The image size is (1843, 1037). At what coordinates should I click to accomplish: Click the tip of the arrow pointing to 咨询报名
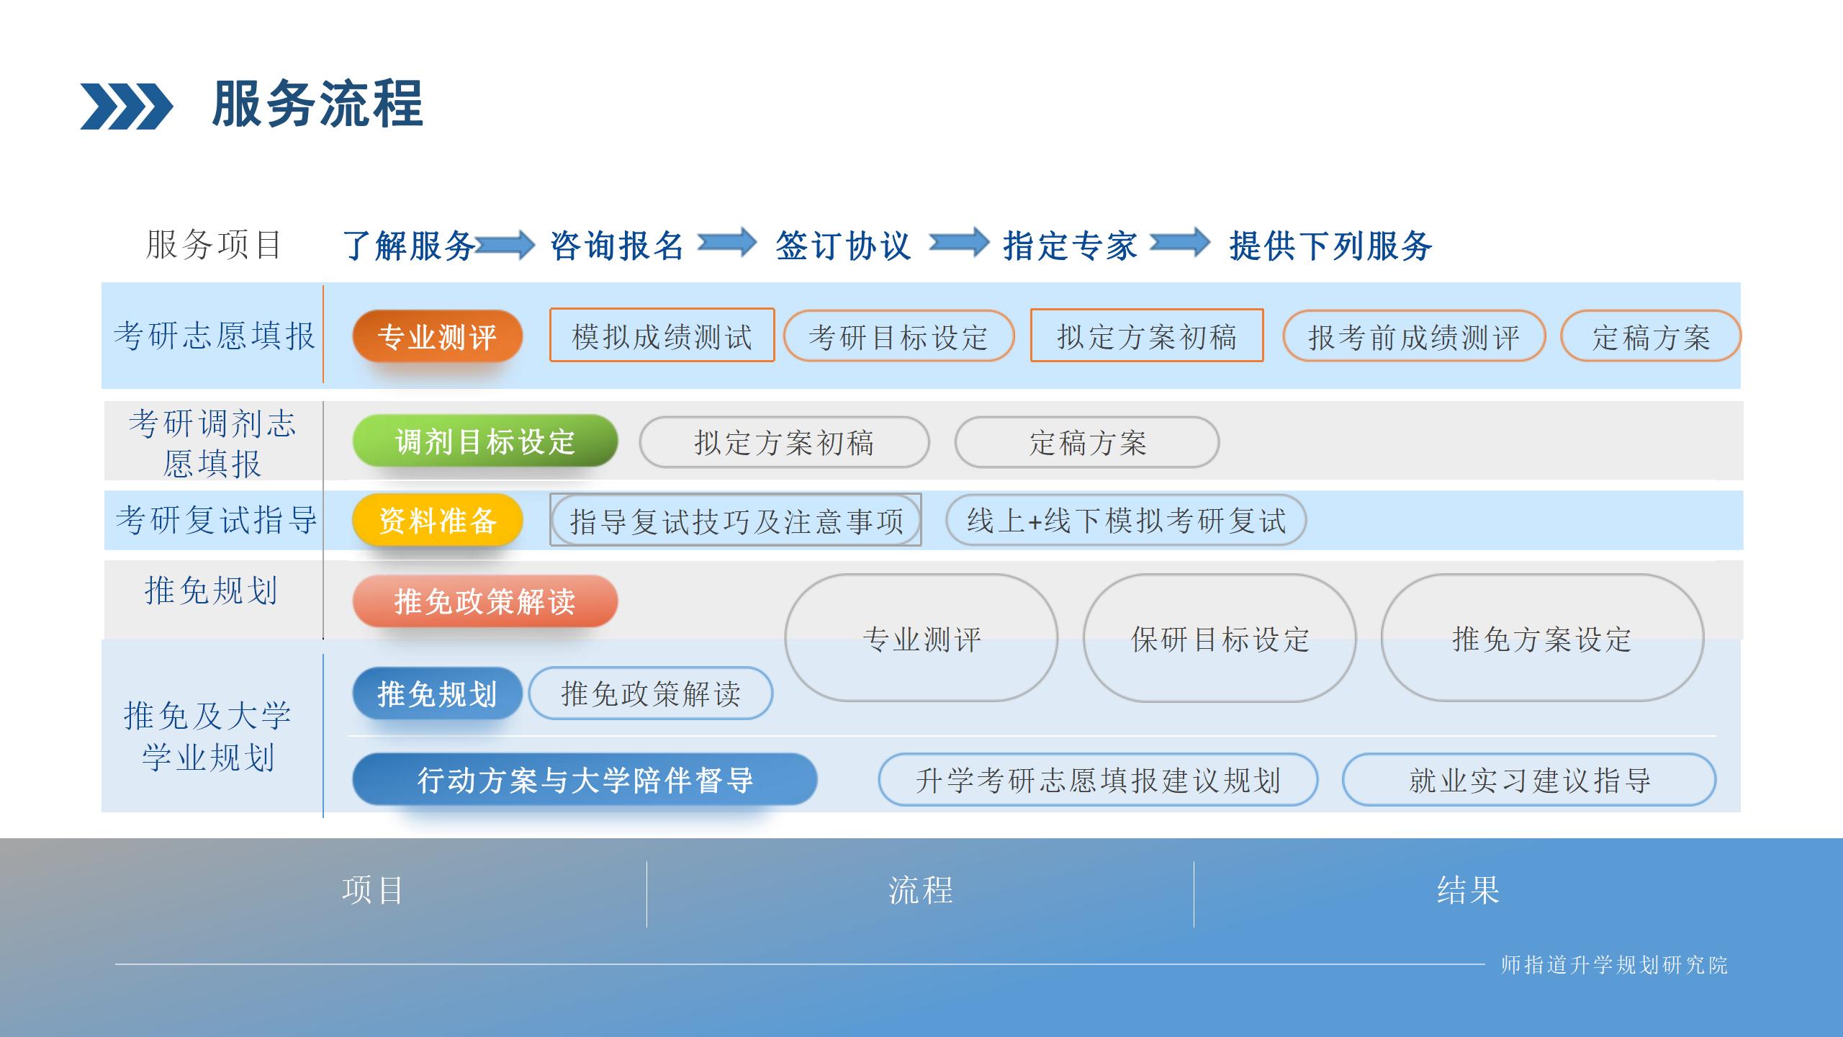(x=535, y=245)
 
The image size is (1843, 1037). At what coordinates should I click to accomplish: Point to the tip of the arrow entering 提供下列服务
(x=1211, y=242)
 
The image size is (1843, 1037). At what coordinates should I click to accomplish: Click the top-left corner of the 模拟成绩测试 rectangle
(x=550, y=309)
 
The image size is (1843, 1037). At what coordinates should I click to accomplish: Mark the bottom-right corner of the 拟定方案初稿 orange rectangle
(x=1263, y=361)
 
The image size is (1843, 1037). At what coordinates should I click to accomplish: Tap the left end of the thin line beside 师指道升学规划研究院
(x=115, y=964)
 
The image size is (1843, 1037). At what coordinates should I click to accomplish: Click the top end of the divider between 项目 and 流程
(x=646, y=861)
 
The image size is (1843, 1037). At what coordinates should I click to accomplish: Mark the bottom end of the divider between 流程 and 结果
(x=1194, y=928)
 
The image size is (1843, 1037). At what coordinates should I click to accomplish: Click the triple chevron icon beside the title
(x=127, y=107)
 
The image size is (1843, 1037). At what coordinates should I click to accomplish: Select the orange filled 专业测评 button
(x=437, y=336)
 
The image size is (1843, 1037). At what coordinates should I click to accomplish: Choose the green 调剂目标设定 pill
(x=485, y=441)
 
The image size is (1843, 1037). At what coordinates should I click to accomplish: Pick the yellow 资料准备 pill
(x=437, y=520)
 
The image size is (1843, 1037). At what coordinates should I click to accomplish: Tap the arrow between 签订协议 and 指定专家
(x=959, y=242)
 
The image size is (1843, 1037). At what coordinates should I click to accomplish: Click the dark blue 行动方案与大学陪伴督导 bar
(x=585, y=779)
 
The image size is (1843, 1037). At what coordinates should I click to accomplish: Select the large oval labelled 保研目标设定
(x=1220, y=638)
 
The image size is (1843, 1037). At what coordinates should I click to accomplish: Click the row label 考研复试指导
(x=216, y=520)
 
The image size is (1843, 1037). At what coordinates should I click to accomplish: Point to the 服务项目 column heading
(x=213, y=245)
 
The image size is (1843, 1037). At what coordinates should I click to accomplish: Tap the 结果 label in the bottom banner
(x=1469, y=890)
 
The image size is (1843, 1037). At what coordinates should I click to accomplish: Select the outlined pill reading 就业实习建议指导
(x=1529, y=779)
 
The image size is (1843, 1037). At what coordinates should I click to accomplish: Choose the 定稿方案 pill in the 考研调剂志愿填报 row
(x=1087, y=442)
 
